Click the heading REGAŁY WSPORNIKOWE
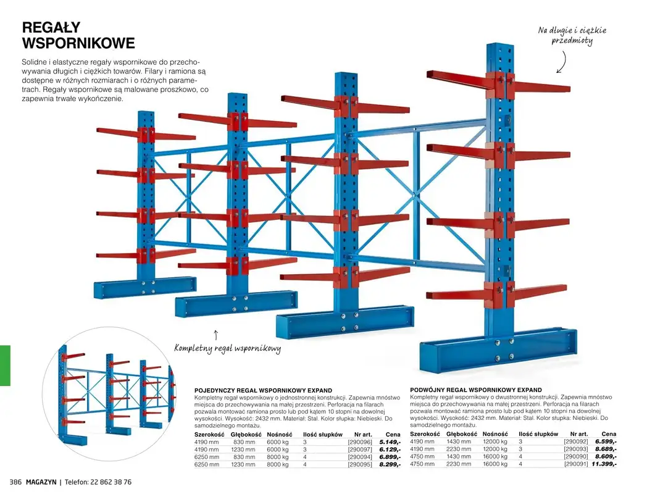pos(78,35)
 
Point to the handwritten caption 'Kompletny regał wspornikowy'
pos(227,349)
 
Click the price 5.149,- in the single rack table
pos(390,442)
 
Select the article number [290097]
pos(359,450)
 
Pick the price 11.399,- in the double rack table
pos(604,464)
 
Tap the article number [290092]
pos(576,442)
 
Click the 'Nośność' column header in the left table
pos(279,435)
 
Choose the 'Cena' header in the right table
pos(608,435)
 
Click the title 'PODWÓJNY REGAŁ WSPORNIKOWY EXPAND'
pos(475,390)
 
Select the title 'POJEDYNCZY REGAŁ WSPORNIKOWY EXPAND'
pos(263,391)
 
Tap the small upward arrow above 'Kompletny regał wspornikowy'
pos(215,335)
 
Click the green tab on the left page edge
pos(5,366)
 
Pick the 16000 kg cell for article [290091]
pos(495,464)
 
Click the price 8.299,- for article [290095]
pos(390,464)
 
